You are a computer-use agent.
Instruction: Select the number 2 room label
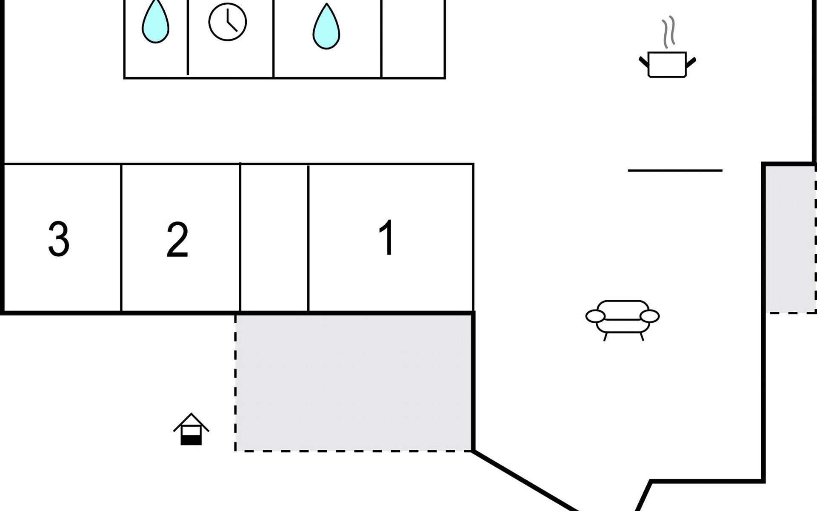click(177, 239)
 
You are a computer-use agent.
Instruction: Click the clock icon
click(228, 22)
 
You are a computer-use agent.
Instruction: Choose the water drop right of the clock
click(326, 27)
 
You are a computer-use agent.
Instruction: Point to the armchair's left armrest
click(595, 316)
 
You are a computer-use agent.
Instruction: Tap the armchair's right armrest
click(650, 316)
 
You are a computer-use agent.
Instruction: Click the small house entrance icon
click(191, 429)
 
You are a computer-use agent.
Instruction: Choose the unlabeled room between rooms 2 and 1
click(274, 238)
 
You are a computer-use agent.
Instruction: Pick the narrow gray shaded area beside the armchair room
click(790, 238)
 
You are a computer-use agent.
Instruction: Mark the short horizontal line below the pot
click(675, 170)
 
